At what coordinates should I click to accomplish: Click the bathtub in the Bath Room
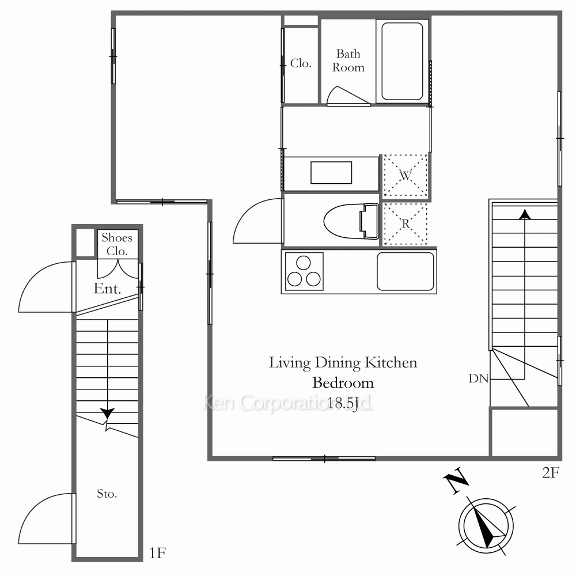coord(402,62)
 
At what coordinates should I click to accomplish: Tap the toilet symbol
coord(351,221)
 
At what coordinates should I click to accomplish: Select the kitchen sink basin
coord(406,271)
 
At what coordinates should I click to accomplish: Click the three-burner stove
coord(304,271)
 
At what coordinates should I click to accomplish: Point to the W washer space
coord(405,176)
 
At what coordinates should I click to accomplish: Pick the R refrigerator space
coord(405,223)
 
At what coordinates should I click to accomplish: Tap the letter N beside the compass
coord(456,480)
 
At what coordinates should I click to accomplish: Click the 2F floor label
coord(551,473)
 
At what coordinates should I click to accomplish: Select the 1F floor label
coord(158,552)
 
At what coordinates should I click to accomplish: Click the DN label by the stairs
coord(478,378)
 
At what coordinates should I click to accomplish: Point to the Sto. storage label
coord(107,494)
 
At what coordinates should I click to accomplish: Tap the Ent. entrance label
coord(107,289)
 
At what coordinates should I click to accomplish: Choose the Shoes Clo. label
coord(117,244)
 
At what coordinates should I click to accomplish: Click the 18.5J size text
coord(343,404)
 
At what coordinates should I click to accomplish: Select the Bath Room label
coord(348,60)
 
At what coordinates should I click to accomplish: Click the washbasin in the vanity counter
coord(331,173)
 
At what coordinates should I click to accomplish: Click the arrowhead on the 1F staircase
coord(107,413)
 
